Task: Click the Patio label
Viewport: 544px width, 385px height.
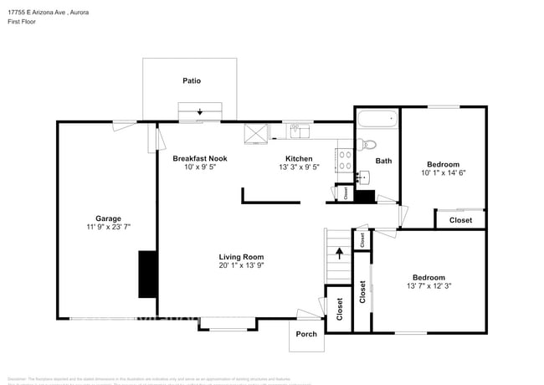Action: pyautogui.click(x=192, y=81)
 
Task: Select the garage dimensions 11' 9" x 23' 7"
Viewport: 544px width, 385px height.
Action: pyautogui.click(x=108, y=227)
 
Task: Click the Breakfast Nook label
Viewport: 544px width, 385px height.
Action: pyautogui.click(x=199, y=158)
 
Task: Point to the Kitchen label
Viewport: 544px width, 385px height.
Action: pyautogui.click(x=299, y=158)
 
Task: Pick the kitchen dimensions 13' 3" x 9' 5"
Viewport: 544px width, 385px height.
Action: pyautogui.click(x=299, y=168)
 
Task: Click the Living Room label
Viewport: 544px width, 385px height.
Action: pyautogui.click(x=242, y=257)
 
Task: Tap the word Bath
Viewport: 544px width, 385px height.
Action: pyautogui.click(x=383, y=161)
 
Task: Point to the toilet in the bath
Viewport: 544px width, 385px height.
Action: pyautogui.click(x=369, y=144)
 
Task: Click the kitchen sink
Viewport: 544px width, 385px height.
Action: pyautogui.click(x=299, y=131)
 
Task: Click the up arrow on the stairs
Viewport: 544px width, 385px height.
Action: pyautogui.click(x=338, y=250)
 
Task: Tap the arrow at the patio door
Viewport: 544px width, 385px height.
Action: pyautogui.click(x=200, y=112)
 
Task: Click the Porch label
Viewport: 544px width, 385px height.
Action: pyautogui.click(x=306, y=334)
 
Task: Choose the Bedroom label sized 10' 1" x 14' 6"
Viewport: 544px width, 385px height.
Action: pyautogui.click(x=443, y=164)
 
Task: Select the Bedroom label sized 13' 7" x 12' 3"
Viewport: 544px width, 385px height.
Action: pyautogui.click(x=428, y=277)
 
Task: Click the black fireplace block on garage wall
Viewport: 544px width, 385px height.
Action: pyautogui.click(x=147, y=274)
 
